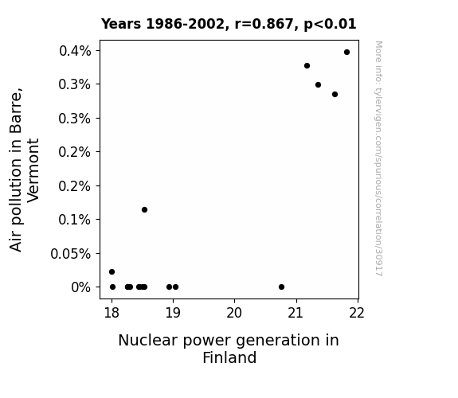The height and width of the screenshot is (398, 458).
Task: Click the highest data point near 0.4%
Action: point(346,53)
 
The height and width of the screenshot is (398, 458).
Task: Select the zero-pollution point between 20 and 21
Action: point(281,287)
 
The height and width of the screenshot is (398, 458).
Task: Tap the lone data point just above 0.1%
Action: point(144,209)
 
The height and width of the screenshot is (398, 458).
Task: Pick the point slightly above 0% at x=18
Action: point(112,272)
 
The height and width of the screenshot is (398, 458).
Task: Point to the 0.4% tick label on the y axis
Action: point(75,51)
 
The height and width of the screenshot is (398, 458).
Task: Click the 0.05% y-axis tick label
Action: point(70,254)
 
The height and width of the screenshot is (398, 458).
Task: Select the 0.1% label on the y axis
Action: point(75,220)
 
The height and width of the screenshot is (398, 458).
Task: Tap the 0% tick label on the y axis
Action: point(81,287)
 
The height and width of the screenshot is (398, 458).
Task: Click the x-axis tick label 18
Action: point(112,313)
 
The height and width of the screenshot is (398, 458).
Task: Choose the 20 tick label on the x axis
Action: point(234,313)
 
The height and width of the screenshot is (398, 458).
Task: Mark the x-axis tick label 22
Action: point(357,313)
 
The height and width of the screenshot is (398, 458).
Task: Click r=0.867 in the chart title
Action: point(264,24)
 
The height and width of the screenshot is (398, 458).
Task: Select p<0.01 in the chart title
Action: point(330,24)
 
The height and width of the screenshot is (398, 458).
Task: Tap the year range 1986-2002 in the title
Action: point(185,24)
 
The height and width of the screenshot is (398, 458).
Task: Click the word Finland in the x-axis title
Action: point(229,357)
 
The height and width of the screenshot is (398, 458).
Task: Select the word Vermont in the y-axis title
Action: point(33,170)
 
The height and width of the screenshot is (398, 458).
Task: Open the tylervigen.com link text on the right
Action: point(378,158)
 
